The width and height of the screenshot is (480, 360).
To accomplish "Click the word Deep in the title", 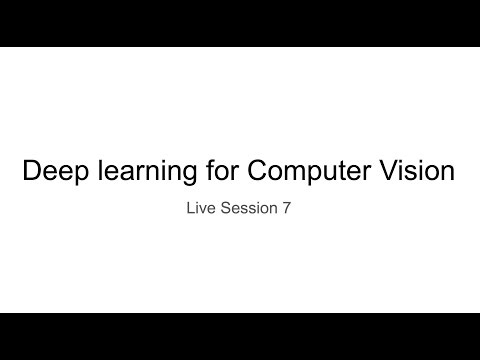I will pyautogui.click(x=50, y=172).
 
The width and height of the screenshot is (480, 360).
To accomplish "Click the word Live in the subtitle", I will pyautogui.click(x=201, y=212).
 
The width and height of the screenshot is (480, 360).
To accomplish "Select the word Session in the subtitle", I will pyautogui.click(x=251, y=212).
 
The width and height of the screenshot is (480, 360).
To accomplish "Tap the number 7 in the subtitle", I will pyautogui.click(x=287, y=212).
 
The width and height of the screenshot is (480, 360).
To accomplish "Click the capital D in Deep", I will pyautogui.click(x=31, y=172).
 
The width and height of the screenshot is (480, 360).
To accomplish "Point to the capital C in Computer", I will pyautogui.click(x=258, y=172).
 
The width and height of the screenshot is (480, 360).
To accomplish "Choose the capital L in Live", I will pyautogui.click(x=191, y=212).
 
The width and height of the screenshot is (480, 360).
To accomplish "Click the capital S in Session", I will pyautogui.click(x=229, y=212).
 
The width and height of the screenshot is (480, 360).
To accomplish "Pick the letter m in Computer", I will pyautogui.click(x=298, y=173).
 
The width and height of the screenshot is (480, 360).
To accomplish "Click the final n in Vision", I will pyautogui.click(x=449, y=173).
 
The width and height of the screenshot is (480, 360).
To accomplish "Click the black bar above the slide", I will pyautogui.click(x=240, y=22).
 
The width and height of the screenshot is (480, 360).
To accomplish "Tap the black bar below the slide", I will pyautogui.click(x=240, y=336).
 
